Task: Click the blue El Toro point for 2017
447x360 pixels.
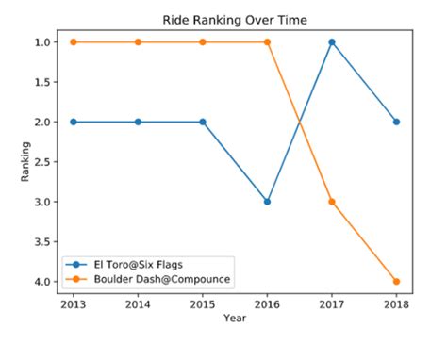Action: (332, 42)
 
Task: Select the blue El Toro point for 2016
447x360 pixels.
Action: (268, 202)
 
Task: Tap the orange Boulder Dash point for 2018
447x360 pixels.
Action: (396, 281)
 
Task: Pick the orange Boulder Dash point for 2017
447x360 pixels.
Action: (332, 202)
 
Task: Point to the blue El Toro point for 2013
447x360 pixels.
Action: (74, 122)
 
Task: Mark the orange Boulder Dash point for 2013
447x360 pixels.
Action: (74, 42)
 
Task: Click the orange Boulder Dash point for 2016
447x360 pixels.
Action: (268, 42)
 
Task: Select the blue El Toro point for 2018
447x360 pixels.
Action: (396, 122)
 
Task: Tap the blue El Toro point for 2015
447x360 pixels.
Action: (203, 122)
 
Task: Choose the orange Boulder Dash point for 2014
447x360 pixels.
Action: (139, 42)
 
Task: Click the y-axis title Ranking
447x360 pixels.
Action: (25, 162)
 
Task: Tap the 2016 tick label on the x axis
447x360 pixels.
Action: (268, 305)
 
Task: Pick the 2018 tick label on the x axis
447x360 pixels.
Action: (396, 305)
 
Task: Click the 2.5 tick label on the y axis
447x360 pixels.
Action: (44, 162)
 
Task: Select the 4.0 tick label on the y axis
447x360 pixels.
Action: (44, 282)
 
